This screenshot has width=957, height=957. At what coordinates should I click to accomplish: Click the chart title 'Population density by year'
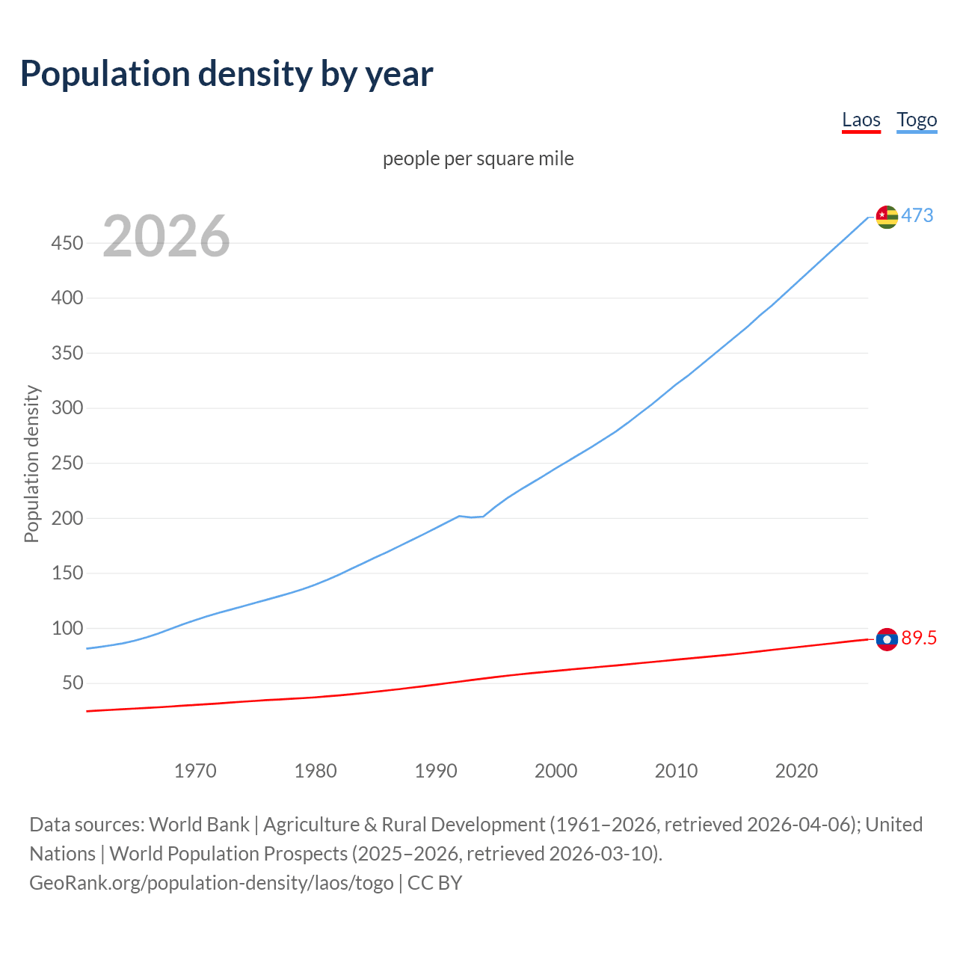tap(227, 74)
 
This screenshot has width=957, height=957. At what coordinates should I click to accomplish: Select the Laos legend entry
tap(861, 120)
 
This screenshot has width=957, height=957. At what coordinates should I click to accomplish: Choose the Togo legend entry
tap(917, 120)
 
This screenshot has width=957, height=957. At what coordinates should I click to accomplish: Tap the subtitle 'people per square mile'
tap(478, 159)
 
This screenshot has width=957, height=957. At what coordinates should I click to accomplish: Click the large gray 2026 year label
tap(166, 236)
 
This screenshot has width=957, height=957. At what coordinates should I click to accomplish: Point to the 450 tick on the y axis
tap(67, 243)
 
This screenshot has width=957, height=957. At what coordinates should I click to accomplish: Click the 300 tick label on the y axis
tap(67, 408)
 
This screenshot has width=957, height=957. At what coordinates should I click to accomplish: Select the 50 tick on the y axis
tap(72, 683)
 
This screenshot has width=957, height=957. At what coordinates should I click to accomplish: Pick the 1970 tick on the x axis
tap(195, 771)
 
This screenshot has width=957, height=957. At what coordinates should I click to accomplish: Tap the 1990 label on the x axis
tap(436, 771)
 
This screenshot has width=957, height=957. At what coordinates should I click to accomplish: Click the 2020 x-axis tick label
tap(796, 771)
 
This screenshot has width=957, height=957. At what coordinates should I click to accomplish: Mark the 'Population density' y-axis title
tap(31, 464)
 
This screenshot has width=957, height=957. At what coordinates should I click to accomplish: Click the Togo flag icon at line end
tap(886, 217)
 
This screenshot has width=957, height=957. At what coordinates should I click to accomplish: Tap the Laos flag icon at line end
tap(886, 639)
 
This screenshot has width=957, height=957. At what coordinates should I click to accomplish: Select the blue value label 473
tap(917, 216)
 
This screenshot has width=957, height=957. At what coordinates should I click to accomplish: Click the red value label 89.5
tap(919, 638)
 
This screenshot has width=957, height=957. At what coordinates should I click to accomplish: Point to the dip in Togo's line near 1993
tap(472, 517)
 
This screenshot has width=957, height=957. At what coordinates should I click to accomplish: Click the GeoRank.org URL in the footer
tap(212, 883)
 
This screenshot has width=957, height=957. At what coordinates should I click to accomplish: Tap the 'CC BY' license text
tap(435, 883)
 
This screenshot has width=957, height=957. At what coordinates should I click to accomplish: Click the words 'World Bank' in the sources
tap(199, 825)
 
